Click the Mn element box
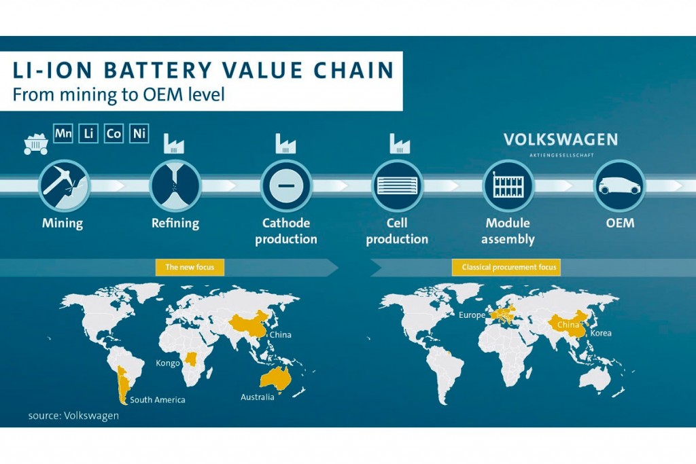(x=63, y=134)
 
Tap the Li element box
(x=88, y=134)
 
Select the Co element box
(x=114, y=134)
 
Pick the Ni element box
(x=139, y=134)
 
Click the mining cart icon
(x=36, y=144)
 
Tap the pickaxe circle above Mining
(x=64, y=185)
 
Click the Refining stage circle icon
(x=175, y=185)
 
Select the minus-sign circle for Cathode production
(x=286, y=185)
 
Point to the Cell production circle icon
(x=397, y=185)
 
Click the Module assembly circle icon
(x=508, y=185)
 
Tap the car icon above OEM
(x=620, y=185)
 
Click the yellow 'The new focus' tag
(x=190, y=267)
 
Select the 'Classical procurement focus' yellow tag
(x=506, y=267)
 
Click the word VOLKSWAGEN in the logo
(x=561, y=140)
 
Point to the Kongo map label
(x=168, y=363)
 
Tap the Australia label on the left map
(x=258, y=397)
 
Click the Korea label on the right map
(x=601, y=333)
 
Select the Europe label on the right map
(x=472, y=315)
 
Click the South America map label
(x=158, y=399)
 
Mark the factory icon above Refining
(x=173, y=143)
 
